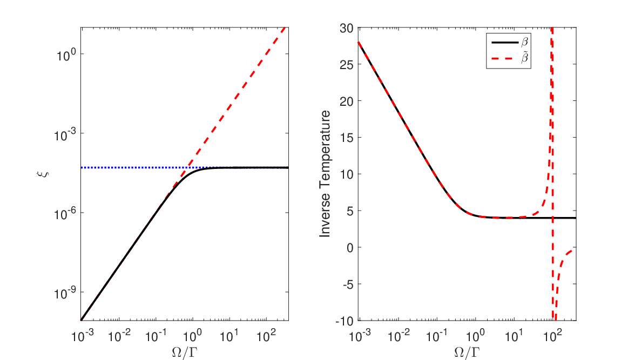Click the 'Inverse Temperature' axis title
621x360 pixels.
(325, 174)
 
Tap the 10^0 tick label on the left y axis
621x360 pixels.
(66, 55)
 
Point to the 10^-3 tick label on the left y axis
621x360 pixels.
(64, 134)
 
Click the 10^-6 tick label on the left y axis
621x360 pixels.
(64, 214)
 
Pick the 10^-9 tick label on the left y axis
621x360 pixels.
(64, 294)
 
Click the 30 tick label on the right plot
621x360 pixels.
(347, 28)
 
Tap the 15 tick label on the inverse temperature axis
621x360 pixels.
(347, 138)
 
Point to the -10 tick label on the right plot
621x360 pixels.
(344, 321)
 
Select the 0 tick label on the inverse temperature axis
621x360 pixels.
(350, 248)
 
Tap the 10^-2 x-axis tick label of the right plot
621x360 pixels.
(399, 336)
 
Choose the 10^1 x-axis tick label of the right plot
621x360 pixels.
(514, 336)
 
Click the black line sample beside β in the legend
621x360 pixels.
(504, 42)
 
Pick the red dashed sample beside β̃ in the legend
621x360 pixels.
(504, 59)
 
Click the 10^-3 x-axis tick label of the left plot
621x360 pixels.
(83, 336)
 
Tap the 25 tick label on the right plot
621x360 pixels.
(347, 64)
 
